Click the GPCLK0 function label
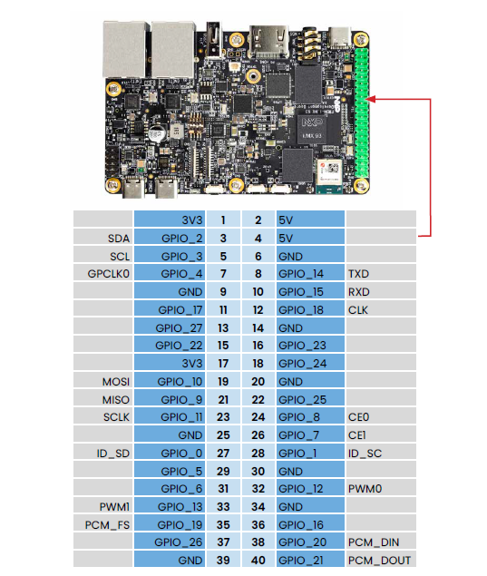(108, 274)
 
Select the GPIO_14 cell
(310, 274)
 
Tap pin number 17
(223, 364)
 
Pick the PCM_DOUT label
(379, 561)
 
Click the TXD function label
(358, 274)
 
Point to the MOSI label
(116, 382)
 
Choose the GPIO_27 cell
(170, 327)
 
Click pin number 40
(258, 561)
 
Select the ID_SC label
(365, 454)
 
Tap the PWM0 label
(365, 489)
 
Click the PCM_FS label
(107, 525)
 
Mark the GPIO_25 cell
(310, 399)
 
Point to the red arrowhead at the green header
(370, 99)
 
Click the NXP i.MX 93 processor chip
(312, 130)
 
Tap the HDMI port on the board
(268, 41)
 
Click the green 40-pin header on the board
(361, 113)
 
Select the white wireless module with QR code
(329, 172)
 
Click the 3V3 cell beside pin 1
(170, 220)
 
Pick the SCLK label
(116, 417)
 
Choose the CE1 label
(356, 435)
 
